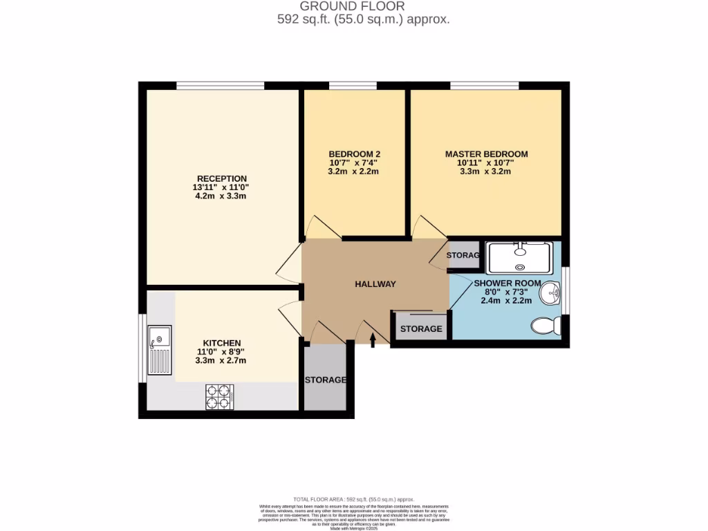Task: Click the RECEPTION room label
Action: (221, 179)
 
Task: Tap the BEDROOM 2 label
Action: (354, 154)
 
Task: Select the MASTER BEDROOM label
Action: (486, 154)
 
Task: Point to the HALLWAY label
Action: (375, 284)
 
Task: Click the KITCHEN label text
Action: (221, 343)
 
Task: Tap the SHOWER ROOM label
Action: (507, 283)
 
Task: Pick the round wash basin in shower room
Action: (551, 294)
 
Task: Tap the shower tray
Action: (519, 257)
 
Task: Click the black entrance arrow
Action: (373, 339)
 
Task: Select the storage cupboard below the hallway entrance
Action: (325, 379)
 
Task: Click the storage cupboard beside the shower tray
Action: (463, 255)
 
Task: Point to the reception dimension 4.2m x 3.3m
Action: (221, 196)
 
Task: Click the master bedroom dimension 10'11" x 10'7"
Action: (486, 163)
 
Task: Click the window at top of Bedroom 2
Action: (352, 86)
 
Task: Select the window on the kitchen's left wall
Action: (142, 348)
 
